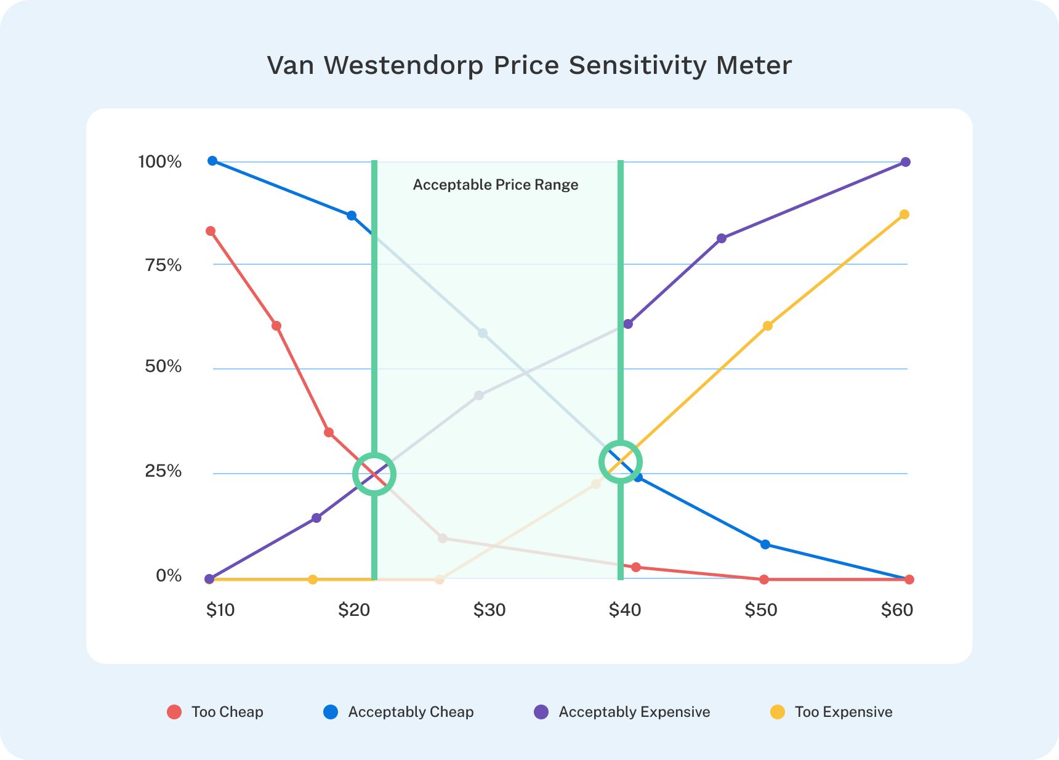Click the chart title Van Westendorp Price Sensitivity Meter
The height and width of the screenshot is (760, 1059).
click(529, 65)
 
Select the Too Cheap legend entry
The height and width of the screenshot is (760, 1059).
click(215, 712)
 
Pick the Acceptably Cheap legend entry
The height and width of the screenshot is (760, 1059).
click(398, 712)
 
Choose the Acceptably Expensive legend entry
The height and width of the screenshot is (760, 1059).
click(622, 712)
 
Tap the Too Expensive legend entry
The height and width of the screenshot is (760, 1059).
click(831, 712)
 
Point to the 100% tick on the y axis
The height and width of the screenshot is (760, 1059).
click(160, 162)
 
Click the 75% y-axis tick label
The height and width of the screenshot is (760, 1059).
click(163, 265)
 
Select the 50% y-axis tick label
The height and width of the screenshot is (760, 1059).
click(163, 366)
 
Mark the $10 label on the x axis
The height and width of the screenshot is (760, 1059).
click(220, 610)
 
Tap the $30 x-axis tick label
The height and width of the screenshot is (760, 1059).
click(489, 610)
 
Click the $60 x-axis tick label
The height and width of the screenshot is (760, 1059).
click(897, 610)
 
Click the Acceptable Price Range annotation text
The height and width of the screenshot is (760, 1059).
click(496, 185)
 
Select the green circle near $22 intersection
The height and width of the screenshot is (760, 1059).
click(374, 474)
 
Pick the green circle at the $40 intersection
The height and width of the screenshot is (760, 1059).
click(621, 462)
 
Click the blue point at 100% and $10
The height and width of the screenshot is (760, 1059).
click(212, 161)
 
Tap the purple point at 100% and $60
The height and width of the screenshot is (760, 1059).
click(906, 162)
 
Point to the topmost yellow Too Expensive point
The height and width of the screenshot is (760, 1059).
click(904, 214)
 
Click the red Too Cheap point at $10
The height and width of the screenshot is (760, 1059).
click(211, 231)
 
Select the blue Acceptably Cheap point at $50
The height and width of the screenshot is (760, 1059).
click(765, 544)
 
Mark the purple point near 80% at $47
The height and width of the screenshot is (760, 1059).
click(722, 238)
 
